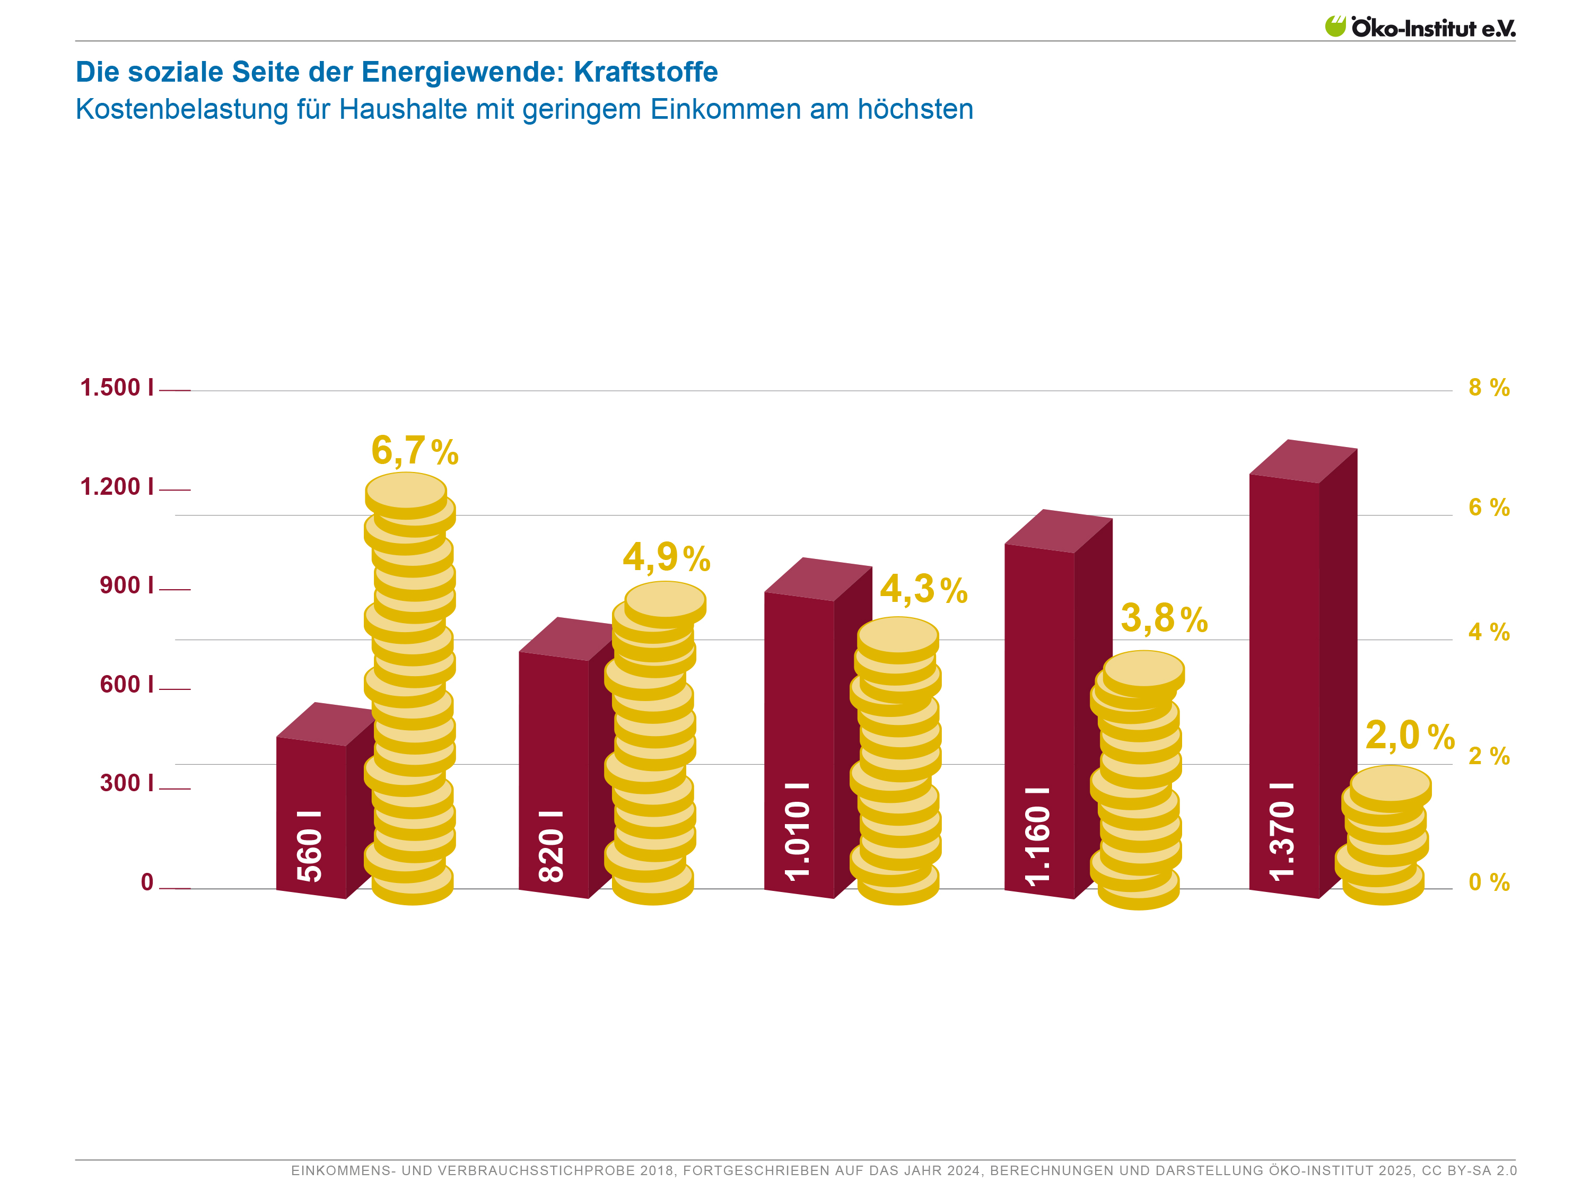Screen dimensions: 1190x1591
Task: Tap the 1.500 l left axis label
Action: pyautogui.click(x=117, y=388)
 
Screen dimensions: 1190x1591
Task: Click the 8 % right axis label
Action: pyautogui.click(x=1489, y=388)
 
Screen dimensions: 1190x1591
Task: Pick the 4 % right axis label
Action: pyautogui.click(x=1489, y=633)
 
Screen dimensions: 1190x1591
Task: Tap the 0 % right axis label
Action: pyautogui.click(x=1489, y=882)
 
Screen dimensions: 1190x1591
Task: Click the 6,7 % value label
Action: pyautogui.click(x=414, y=451)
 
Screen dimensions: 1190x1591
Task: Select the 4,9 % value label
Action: pyautogui.click(x=666, y=557)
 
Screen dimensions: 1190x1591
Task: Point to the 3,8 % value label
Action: pyautogui.click(x=1164, y=618)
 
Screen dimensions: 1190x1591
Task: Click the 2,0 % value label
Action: pyautogui.click(x=1410, y=736)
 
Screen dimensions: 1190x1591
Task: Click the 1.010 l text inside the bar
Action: pyautogui.click(x=798, y=831)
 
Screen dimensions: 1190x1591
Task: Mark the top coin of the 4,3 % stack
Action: pyautogui.click(x=898, y=635)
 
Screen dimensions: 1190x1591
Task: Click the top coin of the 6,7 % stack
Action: pyautogui.click(x=406, y=491)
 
